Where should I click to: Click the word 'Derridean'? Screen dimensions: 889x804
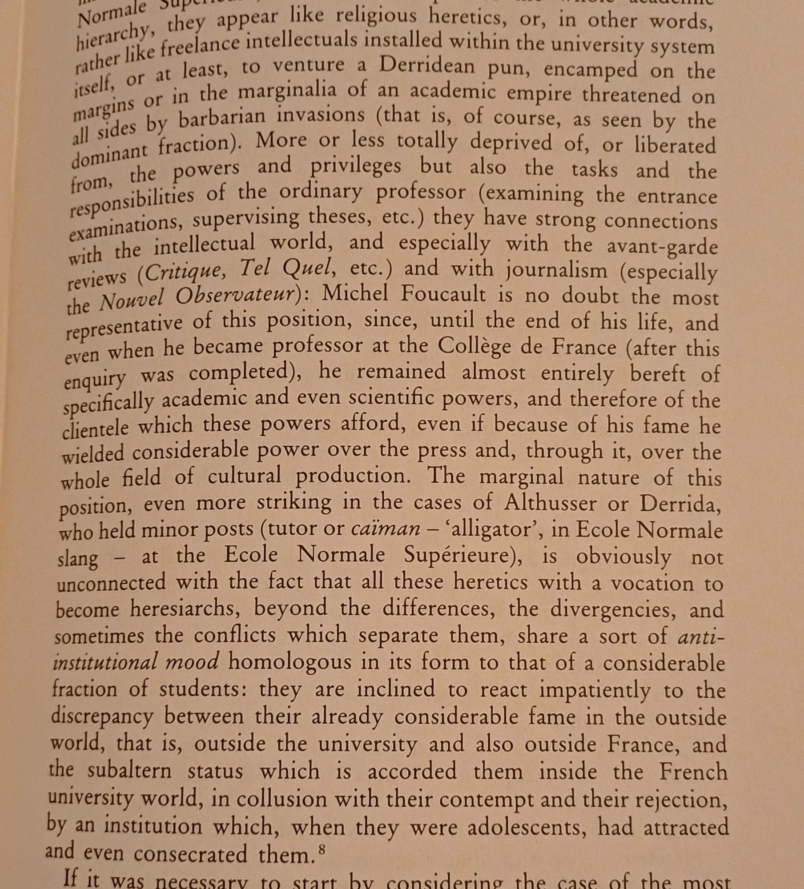click(426, 67)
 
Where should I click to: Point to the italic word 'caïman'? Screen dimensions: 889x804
click(385, 529)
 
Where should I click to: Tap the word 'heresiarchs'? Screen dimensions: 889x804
click(185, 609)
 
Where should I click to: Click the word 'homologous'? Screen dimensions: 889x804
click(289, 662)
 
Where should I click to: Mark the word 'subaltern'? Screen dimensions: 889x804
click(129, 770)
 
